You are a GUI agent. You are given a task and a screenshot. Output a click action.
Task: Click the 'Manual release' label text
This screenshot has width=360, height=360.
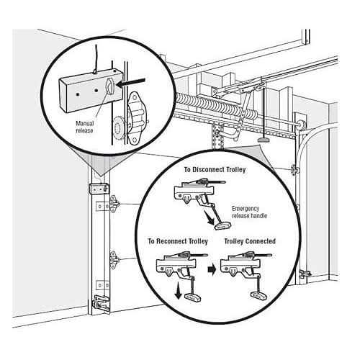[x=84, y=126]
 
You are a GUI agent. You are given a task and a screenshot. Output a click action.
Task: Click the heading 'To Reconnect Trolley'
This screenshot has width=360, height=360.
[x=178, y=240]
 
